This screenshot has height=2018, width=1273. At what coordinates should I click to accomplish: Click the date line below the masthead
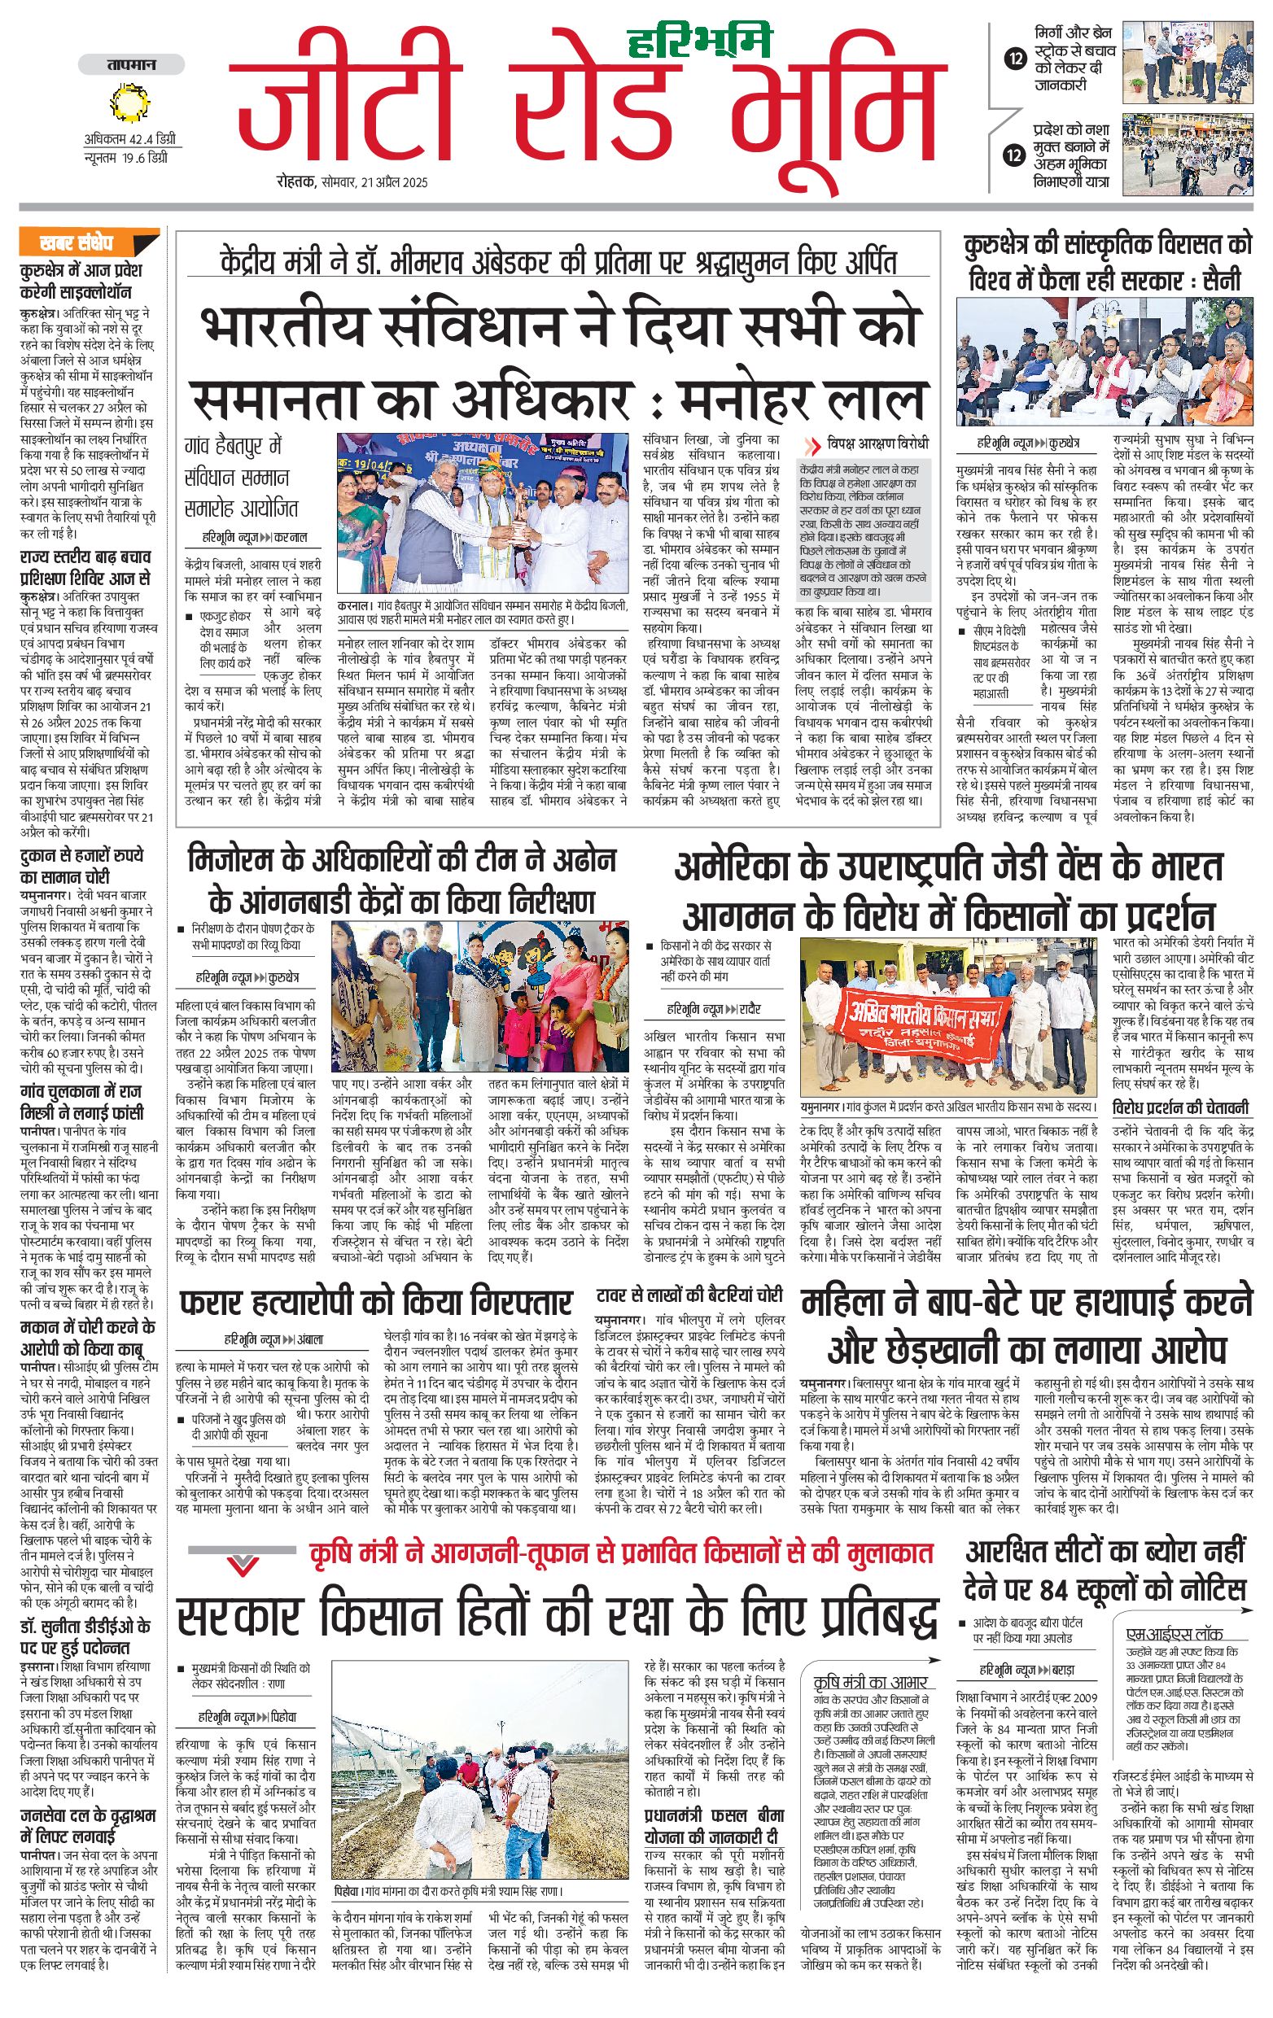354,181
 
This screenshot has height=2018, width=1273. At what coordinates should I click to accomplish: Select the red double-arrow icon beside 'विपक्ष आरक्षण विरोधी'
812,446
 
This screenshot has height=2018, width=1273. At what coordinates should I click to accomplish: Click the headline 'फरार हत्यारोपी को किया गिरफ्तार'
376,1303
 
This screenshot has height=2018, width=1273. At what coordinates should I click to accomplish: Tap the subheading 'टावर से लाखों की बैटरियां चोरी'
689,1295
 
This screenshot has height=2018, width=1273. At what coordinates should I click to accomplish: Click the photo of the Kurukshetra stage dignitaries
1106,361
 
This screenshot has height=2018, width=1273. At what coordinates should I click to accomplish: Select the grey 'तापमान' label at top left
131,64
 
